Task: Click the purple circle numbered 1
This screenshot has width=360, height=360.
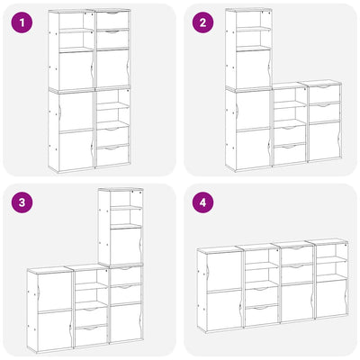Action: tap(22, 22)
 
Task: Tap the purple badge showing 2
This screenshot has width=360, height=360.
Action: tap(203, 22)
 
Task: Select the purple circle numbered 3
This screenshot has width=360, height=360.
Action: tap(22, 202)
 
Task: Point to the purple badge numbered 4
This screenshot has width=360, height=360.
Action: tap(203, 202)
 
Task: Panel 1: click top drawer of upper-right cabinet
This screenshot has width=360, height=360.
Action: tap(112, 20)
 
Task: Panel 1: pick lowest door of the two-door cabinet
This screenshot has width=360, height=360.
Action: tap(76, 150)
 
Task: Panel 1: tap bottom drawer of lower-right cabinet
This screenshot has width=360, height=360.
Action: tap(112, 156)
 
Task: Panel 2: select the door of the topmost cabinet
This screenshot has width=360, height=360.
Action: tap(253, 69)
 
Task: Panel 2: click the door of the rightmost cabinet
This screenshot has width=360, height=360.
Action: tap(325, 141)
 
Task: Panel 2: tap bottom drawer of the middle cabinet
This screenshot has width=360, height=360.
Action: tap(290, 155)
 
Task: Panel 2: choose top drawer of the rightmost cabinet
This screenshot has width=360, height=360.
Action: tap(325, 94)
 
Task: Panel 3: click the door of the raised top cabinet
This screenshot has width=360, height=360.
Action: tap(126, 247)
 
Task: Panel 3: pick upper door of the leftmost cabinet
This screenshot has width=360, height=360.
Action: tap(55, 292)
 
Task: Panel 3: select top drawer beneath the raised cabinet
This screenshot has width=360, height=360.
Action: tap(126, 275)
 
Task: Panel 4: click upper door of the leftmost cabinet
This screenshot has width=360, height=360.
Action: tap(224, 271)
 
